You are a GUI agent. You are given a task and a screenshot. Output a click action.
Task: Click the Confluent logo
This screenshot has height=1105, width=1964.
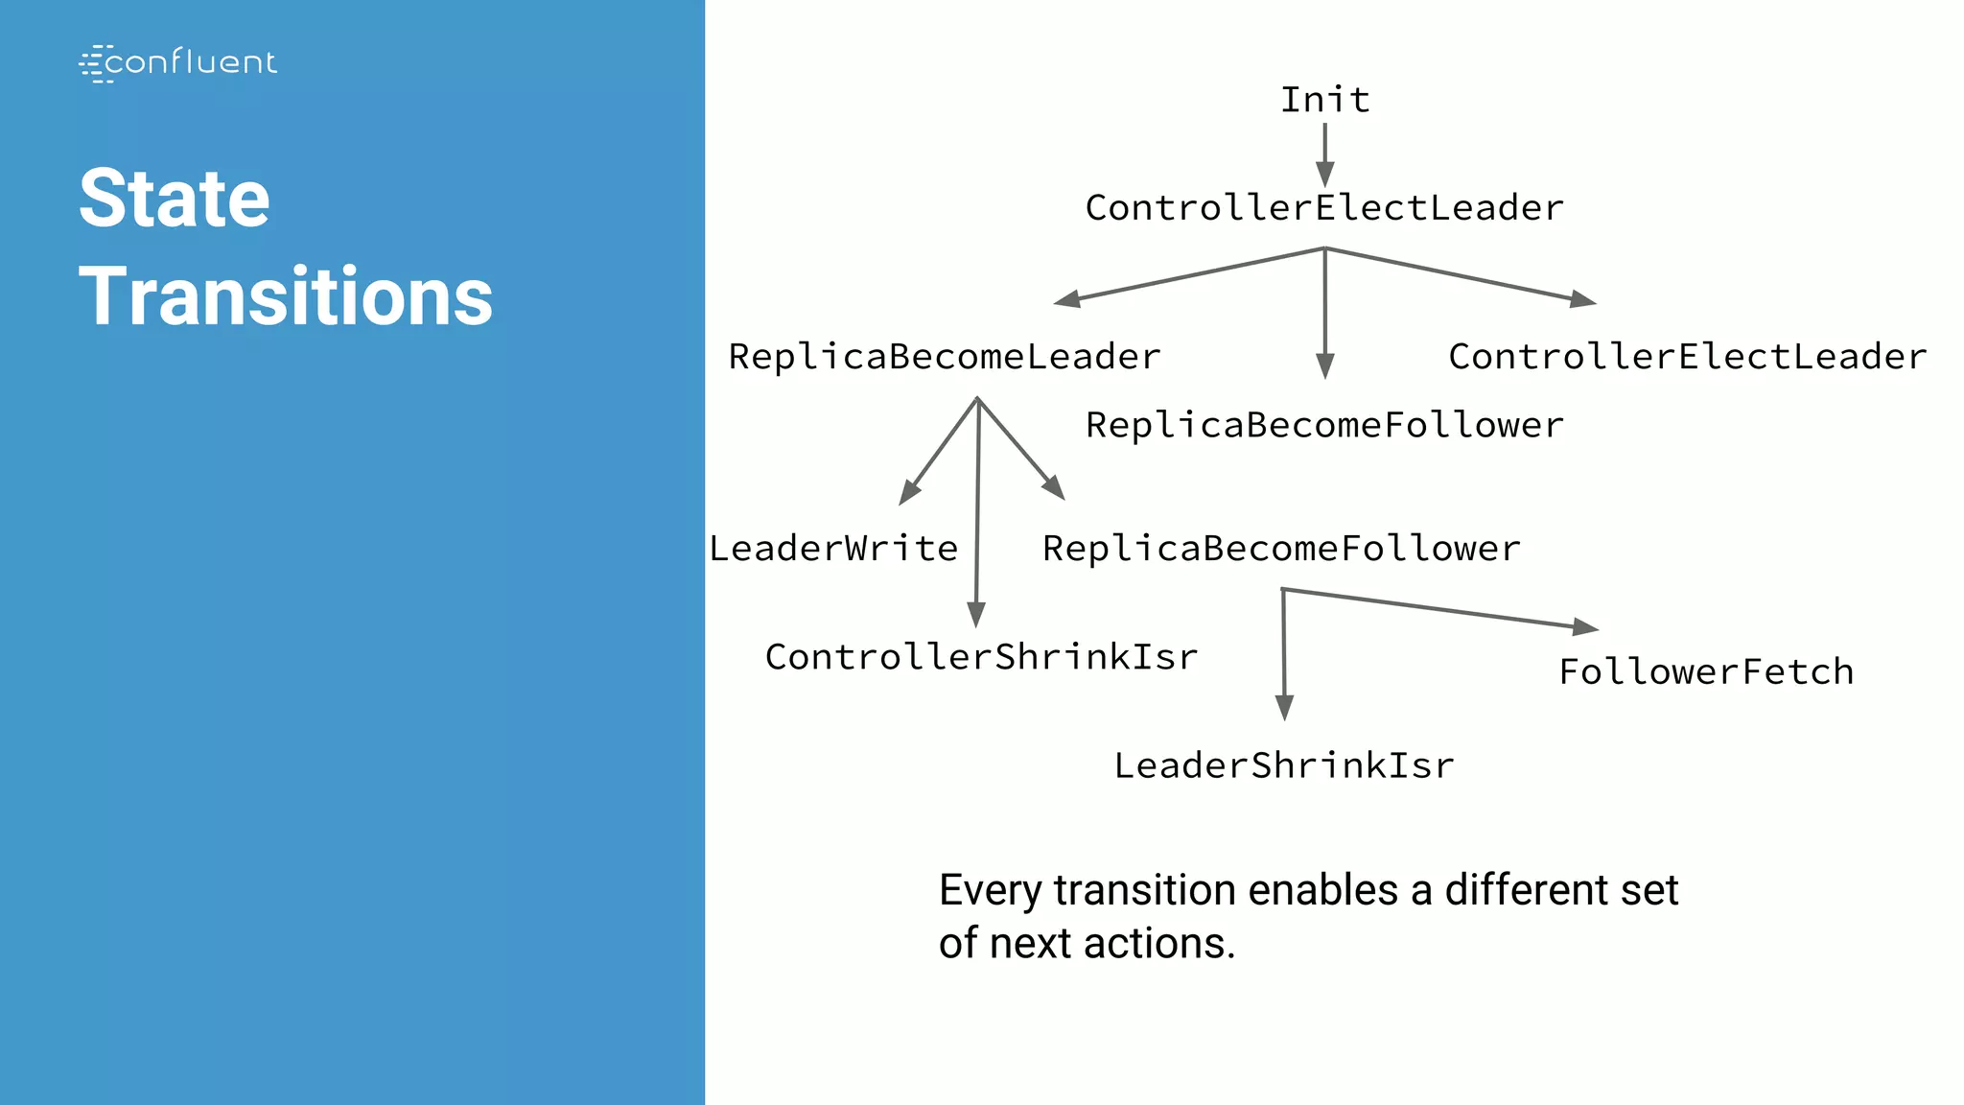click(178, 62)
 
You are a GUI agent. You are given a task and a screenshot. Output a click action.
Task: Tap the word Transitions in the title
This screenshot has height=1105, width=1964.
click(286, 296)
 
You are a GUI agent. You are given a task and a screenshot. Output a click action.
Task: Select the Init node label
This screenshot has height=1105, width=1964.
click(1325, 100)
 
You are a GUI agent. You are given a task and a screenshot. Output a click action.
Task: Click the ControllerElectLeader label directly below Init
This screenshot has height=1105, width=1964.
click(1324, 208)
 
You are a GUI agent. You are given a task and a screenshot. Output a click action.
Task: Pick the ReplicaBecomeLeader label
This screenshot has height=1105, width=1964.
click(945, 357)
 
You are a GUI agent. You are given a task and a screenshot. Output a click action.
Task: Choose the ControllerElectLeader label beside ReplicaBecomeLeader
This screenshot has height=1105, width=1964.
click(1687, 357)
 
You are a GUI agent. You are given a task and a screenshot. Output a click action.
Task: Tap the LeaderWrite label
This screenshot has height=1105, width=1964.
click(833, 549)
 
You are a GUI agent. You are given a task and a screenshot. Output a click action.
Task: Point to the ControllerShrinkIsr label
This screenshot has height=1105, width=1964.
click(981, 657)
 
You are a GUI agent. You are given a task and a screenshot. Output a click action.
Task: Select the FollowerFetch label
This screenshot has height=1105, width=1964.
click(1706, 671)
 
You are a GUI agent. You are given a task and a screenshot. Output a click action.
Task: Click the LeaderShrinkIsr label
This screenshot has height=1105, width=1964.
click(1284, 765)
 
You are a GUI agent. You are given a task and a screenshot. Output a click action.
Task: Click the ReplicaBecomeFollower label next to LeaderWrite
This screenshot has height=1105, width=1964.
click(1281, 549)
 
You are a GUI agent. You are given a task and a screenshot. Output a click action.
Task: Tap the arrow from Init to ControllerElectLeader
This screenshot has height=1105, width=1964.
click(1324, 153)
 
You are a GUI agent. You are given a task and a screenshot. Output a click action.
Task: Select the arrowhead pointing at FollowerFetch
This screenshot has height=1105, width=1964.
click(1586, 627)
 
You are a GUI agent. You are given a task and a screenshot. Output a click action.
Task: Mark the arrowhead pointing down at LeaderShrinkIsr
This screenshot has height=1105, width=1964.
click(1284, 708)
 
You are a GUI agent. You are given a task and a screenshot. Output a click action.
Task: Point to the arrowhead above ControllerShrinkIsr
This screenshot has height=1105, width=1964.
click(976, 615)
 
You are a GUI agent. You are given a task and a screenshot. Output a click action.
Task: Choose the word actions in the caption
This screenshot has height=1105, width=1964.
click(1159, 943)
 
